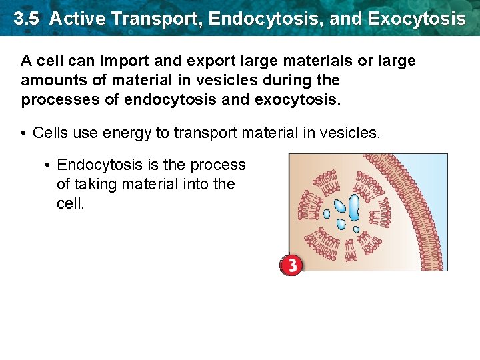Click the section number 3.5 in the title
click(x=26, y=18)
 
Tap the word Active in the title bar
click(x=77, y=18)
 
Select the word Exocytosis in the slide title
click(x=416, y=18)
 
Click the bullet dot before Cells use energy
click(x=24, y=133)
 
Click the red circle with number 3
click(x=291, y=265)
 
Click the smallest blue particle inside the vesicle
click(x=356, y=229)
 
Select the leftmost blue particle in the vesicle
click(x=327, y=215)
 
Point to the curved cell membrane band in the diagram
click(x=407, y=207)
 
